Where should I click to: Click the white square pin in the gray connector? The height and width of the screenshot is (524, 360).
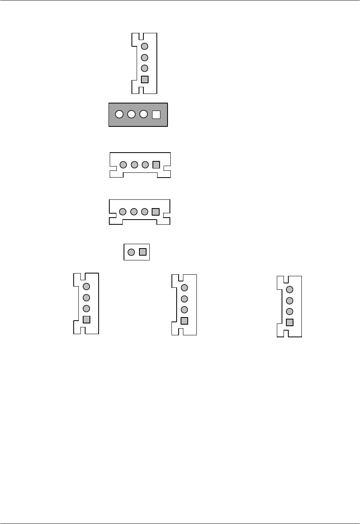[156, 115]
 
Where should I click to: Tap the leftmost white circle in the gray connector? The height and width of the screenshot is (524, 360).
[119, 115]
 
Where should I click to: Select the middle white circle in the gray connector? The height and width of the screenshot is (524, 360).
[131, 115]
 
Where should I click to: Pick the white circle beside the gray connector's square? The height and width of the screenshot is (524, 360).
[144, 115]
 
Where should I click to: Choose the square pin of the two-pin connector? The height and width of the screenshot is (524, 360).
[143, 252]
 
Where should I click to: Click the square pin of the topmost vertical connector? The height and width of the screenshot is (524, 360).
[145, 79]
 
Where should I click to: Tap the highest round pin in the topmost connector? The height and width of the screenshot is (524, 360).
[145, 46]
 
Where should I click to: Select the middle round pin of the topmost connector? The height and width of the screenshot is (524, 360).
[145, 57]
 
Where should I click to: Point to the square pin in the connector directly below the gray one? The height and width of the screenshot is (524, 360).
[156, 164]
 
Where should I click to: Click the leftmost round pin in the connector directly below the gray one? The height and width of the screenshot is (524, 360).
[123, 164]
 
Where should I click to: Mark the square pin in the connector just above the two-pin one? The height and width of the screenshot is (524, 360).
[156, 212]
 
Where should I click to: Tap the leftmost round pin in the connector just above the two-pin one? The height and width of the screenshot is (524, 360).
[123, 212]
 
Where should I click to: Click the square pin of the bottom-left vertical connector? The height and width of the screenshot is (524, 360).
[86, 319]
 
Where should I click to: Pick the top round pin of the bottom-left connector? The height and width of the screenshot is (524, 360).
[86, 287]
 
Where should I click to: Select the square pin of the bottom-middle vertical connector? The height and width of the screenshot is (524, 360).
[184, 321]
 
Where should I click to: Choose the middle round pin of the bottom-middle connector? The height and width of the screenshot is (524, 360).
[184, 299]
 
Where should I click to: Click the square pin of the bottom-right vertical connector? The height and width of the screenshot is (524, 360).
[290, 322]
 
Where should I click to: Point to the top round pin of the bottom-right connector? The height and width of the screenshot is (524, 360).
[290, 289]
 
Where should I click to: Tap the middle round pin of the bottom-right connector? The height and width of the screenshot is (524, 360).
[290, 300]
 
